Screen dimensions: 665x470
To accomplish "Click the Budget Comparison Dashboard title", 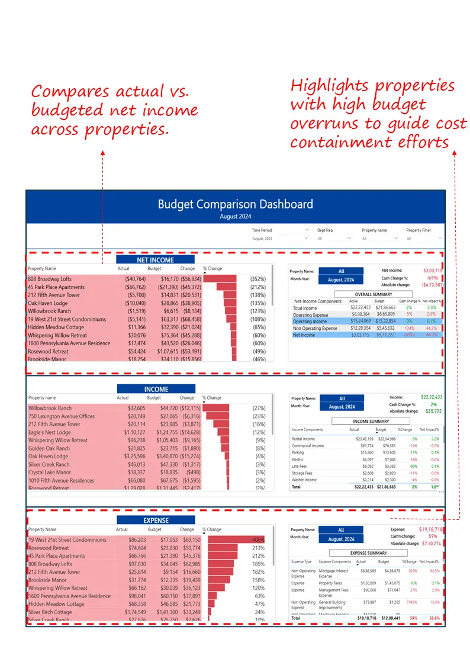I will (235, 204).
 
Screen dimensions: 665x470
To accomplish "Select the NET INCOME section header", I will (155, 260).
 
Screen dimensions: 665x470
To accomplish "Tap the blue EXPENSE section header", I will (156, 520).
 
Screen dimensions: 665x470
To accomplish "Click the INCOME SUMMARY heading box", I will (371, 421).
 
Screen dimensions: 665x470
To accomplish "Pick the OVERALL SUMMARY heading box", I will (373, 294).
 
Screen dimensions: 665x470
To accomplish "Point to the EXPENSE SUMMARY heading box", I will (368, 553).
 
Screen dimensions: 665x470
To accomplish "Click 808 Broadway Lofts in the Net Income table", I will (50, 279).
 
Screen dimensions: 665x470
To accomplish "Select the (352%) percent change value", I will (257, 279).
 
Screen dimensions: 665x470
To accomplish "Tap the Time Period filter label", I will (262, 230).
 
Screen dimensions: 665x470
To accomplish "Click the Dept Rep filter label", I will (325, 230).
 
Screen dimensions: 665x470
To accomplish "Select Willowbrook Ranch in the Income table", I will (50, 408).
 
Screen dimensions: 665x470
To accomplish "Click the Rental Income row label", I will (302, 439).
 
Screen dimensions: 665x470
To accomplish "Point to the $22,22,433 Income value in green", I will (432, 397).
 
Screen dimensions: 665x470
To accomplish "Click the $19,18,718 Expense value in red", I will (432, 529).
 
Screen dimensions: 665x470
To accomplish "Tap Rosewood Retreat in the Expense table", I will (49, 548).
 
